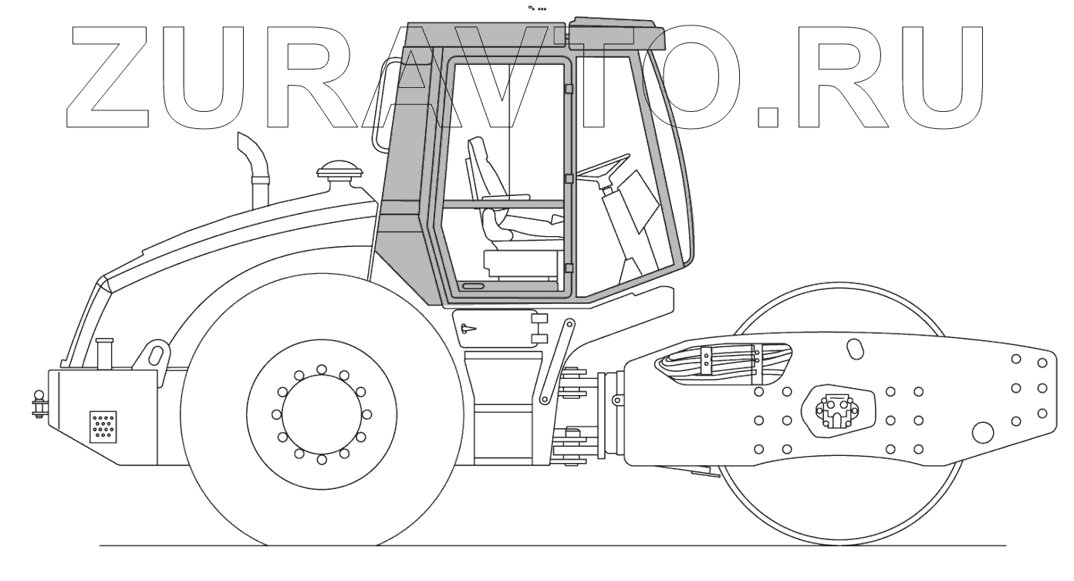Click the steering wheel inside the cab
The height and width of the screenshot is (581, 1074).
coord(603,167)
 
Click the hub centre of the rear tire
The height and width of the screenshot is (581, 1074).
coord(322,414)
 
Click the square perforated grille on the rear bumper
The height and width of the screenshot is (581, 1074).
coord(103,427)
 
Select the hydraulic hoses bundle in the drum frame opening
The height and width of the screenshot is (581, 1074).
coord(724,364)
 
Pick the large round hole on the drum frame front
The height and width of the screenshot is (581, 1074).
coord(984,433)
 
